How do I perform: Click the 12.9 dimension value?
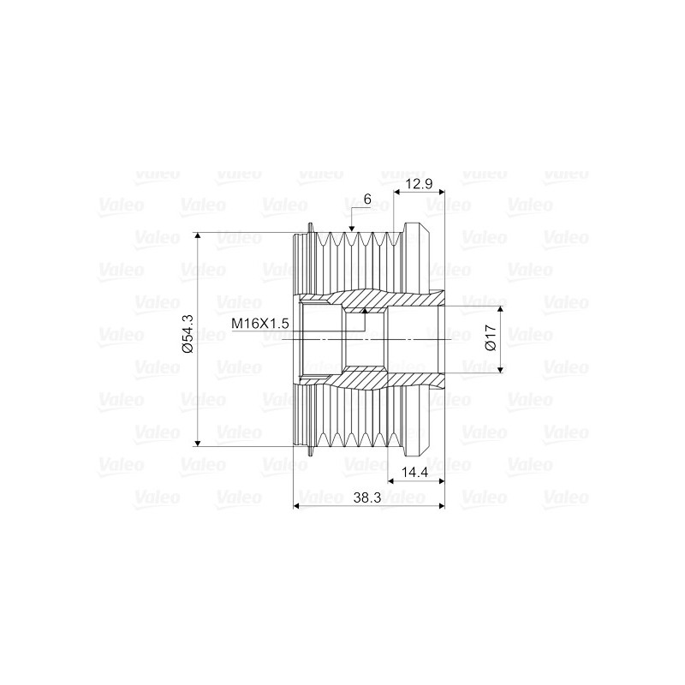[420, 185]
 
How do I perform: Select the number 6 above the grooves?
[367, 199]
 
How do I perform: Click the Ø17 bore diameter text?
[490, 336]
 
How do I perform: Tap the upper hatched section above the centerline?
[377, 301]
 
